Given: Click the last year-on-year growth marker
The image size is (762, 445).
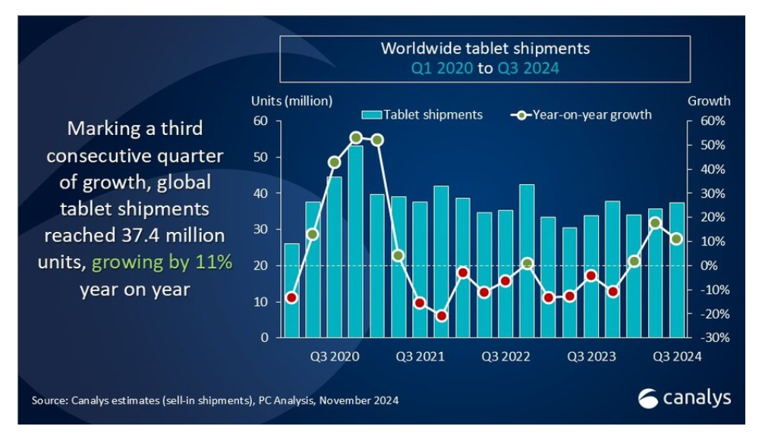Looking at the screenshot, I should (x=676, y=239).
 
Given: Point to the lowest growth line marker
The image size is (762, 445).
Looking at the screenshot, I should (x=441, y=315).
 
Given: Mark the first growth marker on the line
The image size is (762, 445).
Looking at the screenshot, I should (x=291, y=298).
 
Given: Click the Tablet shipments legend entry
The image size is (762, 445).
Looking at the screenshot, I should (x=423, y=115).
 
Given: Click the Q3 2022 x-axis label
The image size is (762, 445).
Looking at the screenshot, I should (x=505, y=356).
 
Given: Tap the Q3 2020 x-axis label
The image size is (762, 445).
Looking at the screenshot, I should (x=334, y=356).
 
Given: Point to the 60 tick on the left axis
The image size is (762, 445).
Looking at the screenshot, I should (x=260, y=121).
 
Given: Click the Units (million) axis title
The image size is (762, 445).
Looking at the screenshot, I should (x=291, y=101).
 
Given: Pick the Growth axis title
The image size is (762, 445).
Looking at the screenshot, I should (x=708, y=101).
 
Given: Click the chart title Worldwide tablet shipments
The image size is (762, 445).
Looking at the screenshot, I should (x=485, y=49).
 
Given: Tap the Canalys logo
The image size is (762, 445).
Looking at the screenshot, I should (x=684, y=397).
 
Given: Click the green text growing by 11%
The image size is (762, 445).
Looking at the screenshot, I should (x=161, y=263).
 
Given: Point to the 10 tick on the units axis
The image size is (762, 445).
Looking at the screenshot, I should (x=260, y=302).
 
